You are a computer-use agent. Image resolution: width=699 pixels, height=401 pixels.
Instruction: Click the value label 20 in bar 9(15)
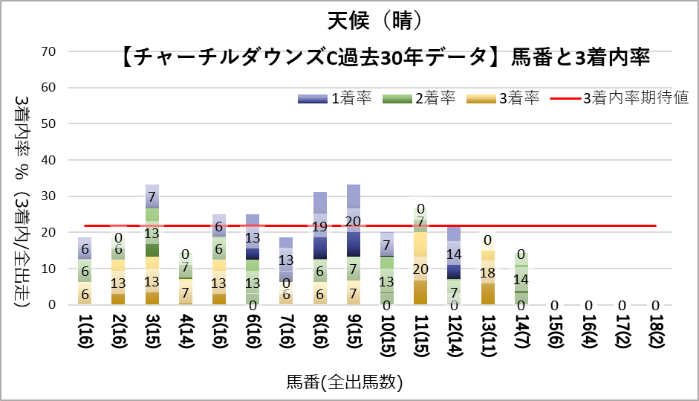click(354, 221)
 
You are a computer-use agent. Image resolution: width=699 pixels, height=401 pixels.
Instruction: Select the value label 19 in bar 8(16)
click(320, 227)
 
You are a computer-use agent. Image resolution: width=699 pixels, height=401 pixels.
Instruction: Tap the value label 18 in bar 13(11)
click(488, 272)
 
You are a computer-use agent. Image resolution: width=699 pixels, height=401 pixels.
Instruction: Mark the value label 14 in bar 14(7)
click(521, 280)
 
